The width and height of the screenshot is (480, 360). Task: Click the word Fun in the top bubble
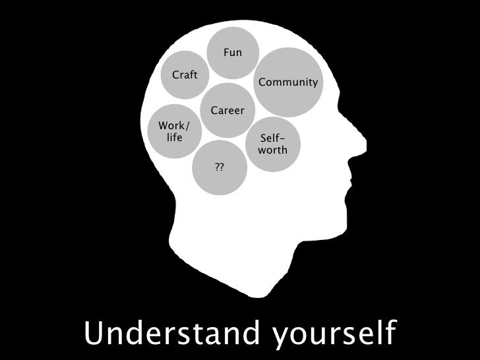(x=233, y=52)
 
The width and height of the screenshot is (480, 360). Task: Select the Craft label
(x=185, y=75)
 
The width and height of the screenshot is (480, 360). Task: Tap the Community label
(x=288, y=83)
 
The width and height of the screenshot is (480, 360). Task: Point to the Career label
(x=227, y=110)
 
